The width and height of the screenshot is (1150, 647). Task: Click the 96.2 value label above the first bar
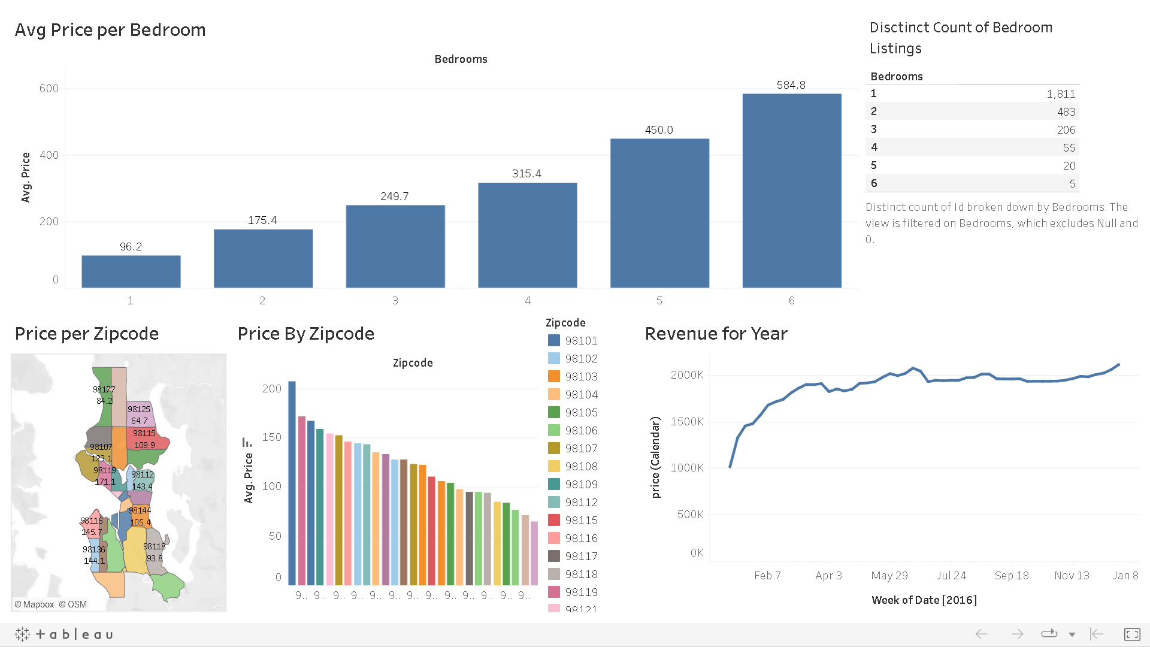pyautogui.click(x=131, y=247)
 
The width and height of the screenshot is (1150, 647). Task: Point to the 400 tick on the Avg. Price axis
pyautogui.click(x=49, y=155)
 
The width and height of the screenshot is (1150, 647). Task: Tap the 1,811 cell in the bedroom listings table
pyautogui.click(x=1061, y=94)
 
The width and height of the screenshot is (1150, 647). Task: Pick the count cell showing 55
pyautogui.click(x=1069, y=148)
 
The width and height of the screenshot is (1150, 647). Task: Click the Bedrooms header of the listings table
pyautogui.click(x=896, y=77)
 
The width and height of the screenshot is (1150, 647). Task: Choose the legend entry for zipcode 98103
pyautogui.click(x=581, y=377)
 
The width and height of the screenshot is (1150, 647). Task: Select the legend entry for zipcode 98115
pyautogui.click(x=581, y=521)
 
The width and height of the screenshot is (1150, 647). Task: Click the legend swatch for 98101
pyautogui.click(x=554, y=341)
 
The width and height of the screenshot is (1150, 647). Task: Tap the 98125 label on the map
pyautogui.click(x=138, y=409)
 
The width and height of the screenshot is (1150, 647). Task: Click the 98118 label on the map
pyautogui.click(x=154, y=546)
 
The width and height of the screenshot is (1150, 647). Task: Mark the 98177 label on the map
pyautogui.click(x=104, y=389)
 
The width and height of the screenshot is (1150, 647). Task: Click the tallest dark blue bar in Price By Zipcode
pyautogui.click(x=292, y=482)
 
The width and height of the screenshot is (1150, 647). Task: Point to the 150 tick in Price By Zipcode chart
pyautogui.click(x=272, y=437)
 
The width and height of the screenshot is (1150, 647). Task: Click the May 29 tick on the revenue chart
pyautogui.click(x=889, y=576)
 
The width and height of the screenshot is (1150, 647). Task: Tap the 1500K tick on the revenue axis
pyautogui.click(x=687, y=422)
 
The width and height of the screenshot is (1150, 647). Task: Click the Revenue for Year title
pyautogui.click(x=716, y=334)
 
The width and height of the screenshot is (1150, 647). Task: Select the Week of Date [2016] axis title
pyautogui.click(x=924, y=600)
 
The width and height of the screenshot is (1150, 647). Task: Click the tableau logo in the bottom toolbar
pyautogui.click(x=64, y=634)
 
